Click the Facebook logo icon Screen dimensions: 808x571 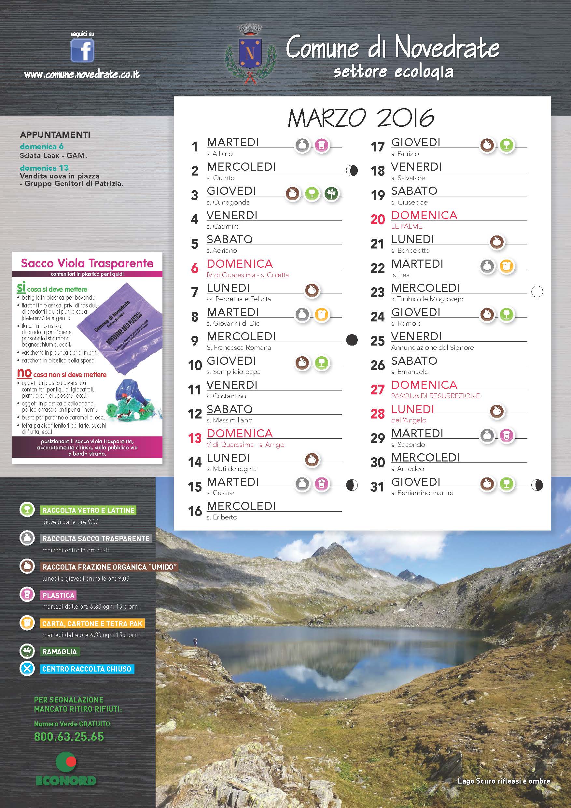pos(82,50)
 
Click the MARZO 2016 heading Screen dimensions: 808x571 pos(361,118)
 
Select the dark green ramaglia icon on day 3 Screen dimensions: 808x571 pos(331,193)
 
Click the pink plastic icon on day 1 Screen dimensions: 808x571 pos(321,145)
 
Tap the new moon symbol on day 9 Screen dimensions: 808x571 pos(352,340)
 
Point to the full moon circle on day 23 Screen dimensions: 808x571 pos(537,291)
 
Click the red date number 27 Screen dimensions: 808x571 pos(378,390)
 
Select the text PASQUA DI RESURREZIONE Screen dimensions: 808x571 pos(435,396)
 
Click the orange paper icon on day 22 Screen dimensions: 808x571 pos(506,266)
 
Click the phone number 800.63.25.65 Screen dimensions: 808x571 pos(69,737)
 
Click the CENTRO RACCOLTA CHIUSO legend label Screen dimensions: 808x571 pos(87,669)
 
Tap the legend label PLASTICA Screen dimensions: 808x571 pos(58,595)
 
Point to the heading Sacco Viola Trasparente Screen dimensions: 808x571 pos(87,263)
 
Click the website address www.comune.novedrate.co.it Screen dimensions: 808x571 pos(82,75)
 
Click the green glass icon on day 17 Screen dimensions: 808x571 pos(507,145)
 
